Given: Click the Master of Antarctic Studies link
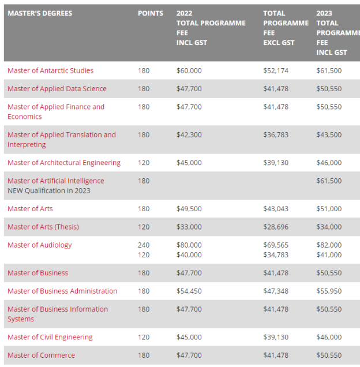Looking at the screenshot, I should coord(50,70).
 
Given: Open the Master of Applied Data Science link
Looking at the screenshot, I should coord(57,89).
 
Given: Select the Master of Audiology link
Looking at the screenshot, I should coord(39,245).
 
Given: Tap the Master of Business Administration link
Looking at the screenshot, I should coord(62,291).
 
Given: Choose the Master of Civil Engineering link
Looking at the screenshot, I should coord(50,338).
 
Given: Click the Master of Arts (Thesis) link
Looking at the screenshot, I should coord(43,227).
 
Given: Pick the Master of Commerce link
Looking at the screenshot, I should coord(41,355).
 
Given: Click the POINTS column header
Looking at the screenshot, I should coord(150,13).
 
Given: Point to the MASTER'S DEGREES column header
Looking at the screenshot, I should coord(40,13).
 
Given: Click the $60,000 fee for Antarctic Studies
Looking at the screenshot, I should coord(189,70).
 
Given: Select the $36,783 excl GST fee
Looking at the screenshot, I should coord(276,135).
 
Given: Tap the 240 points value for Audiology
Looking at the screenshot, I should coord(144,245).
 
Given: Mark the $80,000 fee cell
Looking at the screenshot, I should coord(189,245).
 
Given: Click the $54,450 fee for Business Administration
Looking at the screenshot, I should coord(189,291).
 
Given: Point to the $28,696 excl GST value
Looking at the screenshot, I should coord(276,227).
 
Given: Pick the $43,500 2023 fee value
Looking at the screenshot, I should coord(329,135).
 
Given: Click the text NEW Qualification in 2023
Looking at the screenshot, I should coord(48,191).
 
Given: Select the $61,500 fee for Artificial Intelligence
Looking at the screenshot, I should coord(329,181).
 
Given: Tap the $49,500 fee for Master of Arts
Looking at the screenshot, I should coord(189,209).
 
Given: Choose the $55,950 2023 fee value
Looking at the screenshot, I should coord(329,291).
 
